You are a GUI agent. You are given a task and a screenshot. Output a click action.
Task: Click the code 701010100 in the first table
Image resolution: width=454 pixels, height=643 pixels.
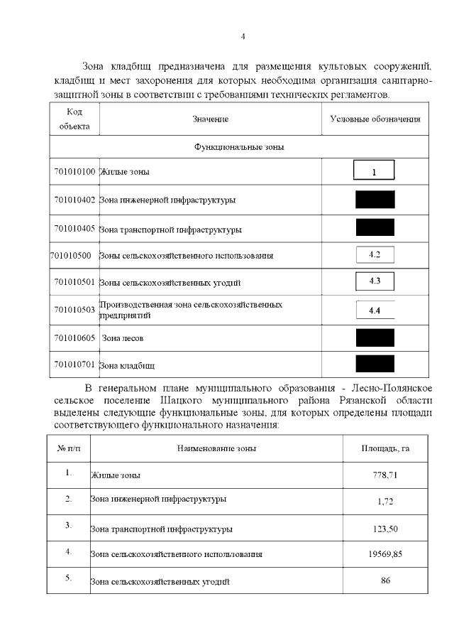74,172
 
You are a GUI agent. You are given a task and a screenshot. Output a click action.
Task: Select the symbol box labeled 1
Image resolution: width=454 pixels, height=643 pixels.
374,171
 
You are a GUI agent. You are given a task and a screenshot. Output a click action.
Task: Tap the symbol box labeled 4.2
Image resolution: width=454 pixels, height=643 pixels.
375,254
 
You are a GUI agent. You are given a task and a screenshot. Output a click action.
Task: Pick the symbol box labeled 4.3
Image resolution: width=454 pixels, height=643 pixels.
375,281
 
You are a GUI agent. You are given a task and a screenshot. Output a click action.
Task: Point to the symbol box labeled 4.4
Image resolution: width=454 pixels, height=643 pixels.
375,310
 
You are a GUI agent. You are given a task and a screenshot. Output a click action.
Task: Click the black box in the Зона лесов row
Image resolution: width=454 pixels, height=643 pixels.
375,337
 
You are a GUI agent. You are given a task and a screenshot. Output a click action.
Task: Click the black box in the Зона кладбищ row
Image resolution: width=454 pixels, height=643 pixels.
375,364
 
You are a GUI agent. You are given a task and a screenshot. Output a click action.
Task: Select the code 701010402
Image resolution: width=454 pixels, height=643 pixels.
74,200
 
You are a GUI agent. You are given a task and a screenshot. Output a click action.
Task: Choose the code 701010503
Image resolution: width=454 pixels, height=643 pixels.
74,310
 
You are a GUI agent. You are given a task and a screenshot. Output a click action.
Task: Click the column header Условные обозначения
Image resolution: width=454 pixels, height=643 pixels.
375,119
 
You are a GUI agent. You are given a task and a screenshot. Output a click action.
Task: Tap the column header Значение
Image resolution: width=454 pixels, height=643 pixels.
210,119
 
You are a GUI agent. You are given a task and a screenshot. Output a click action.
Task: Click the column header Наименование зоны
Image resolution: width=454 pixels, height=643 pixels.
216,448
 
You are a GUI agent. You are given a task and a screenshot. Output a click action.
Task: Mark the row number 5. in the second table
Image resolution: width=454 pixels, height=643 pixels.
69,578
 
